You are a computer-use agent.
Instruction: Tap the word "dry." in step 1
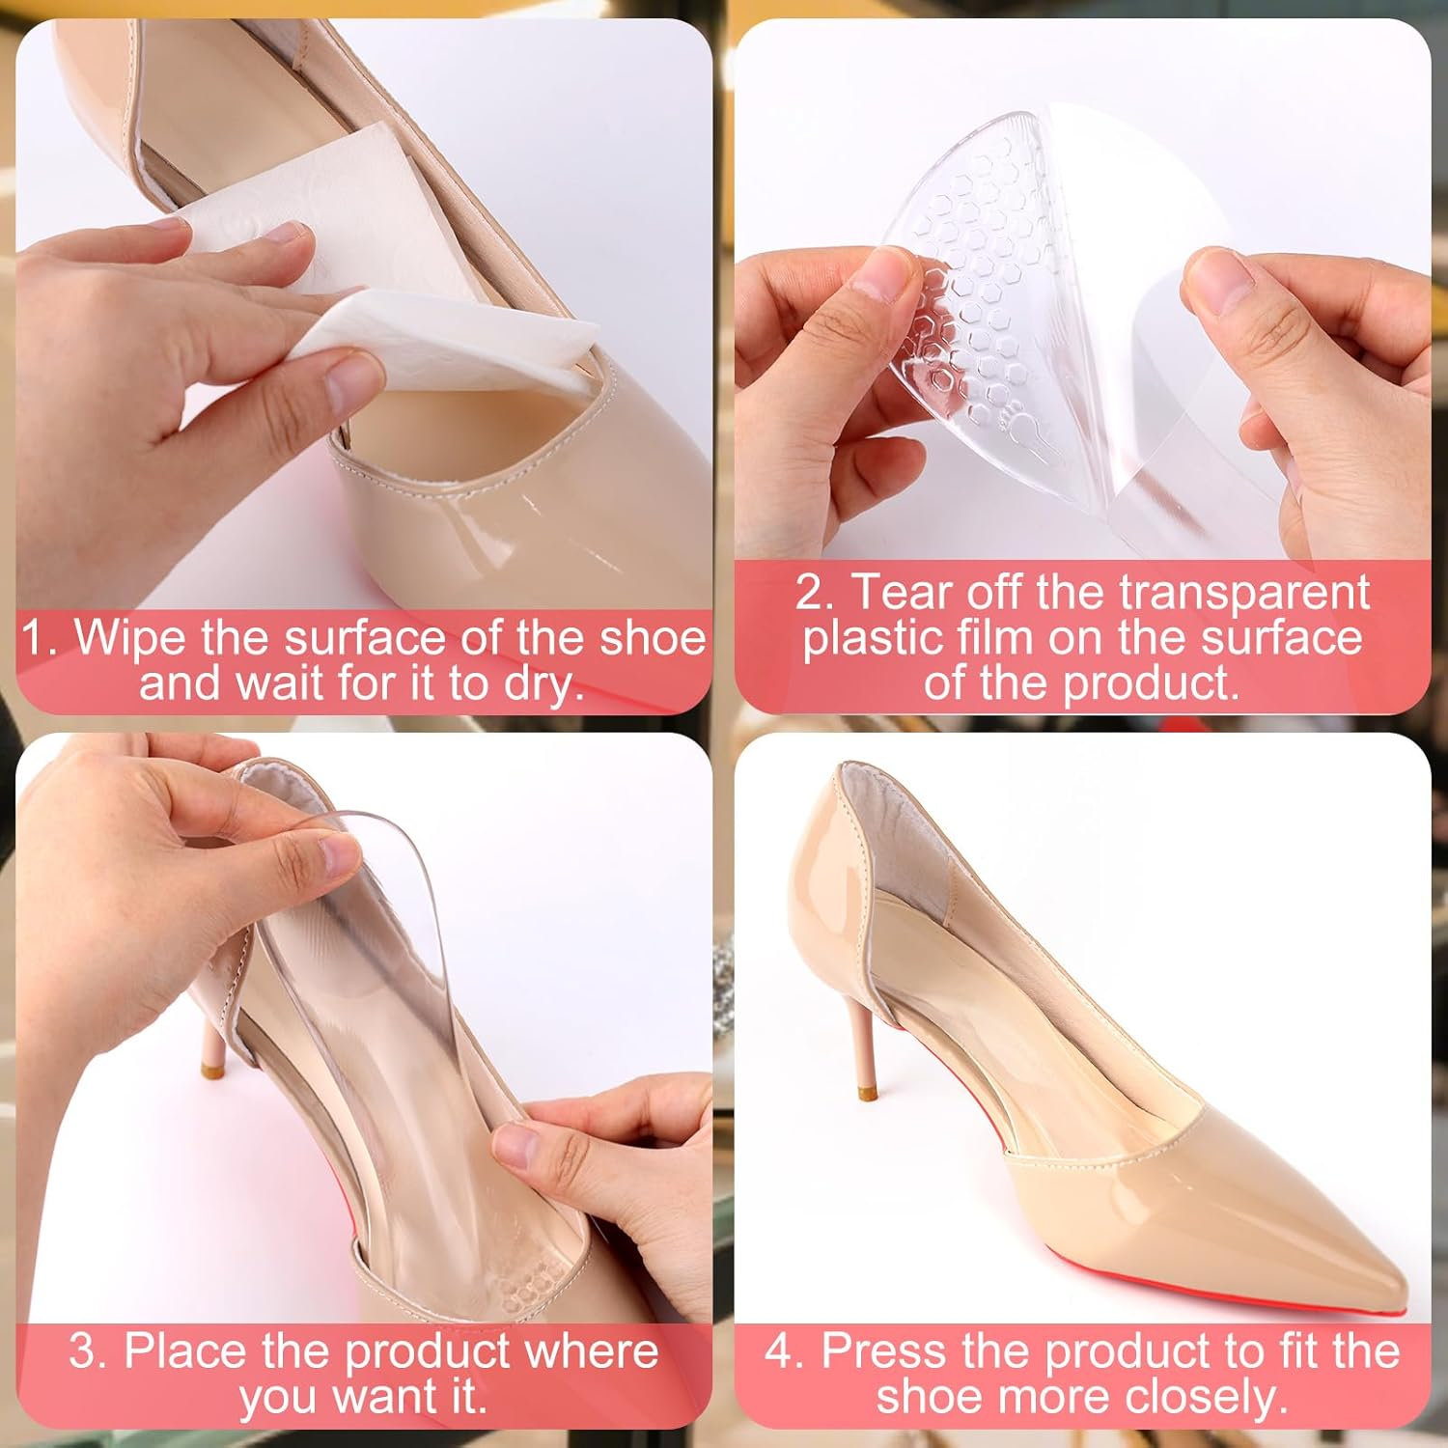coord(540,683)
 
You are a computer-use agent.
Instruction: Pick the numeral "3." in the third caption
coord(88,1351)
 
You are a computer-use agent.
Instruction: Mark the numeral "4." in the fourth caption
coord(785,1351)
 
